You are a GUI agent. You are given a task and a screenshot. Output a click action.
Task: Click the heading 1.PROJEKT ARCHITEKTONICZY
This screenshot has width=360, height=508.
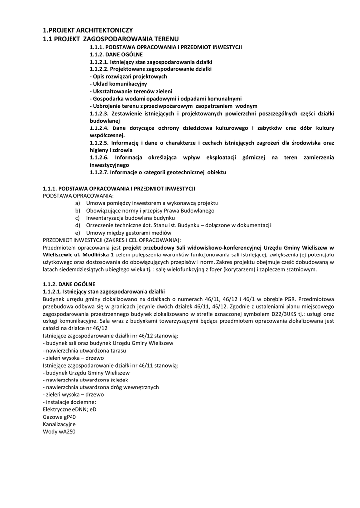click(87, 30)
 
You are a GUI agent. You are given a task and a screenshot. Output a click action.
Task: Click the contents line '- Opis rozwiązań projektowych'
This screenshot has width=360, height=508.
click(128, 77)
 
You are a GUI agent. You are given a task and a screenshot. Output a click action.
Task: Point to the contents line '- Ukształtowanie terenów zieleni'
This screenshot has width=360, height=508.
click(131, 91)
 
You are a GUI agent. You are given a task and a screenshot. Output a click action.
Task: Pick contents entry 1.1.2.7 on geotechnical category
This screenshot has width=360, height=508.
click(158, 172)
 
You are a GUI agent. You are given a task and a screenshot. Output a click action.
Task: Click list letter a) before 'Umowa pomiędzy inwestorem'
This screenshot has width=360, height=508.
click(77, 203)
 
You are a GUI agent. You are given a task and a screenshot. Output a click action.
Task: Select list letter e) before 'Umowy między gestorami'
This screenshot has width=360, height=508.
click(77, 232)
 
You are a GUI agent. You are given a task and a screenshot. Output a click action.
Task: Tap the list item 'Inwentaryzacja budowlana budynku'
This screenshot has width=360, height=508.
click(131, 218)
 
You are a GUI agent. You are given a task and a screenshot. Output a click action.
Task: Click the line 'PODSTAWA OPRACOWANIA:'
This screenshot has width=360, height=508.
click(78, 196)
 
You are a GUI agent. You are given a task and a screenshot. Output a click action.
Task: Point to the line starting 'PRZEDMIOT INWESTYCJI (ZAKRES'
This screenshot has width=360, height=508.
click(112, 240)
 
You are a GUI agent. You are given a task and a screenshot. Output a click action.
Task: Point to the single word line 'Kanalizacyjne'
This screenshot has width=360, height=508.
click(60, 424)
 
